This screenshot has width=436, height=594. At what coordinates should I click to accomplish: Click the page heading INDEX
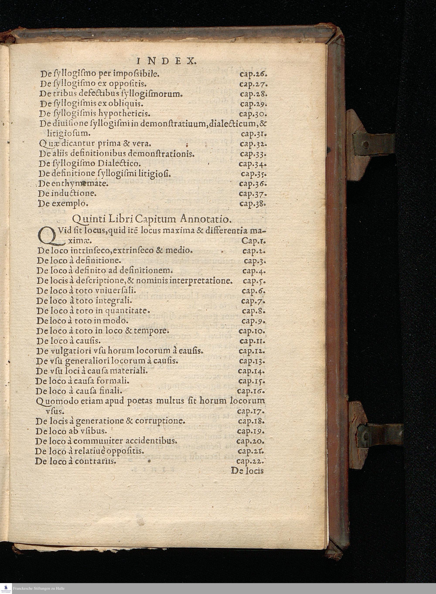167,62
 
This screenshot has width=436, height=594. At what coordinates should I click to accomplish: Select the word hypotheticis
124,114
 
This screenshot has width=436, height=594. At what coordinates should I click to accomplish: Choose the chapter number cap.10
252,331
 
